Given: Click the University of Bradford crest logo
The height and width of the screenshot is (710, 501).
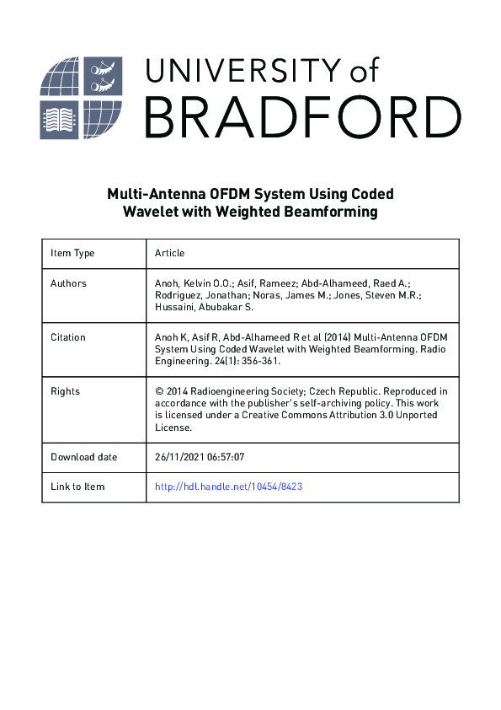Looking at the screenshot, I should coord(81,98).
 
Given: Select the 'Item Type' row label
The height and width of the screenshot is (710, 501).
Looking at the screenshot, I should coord(72,253).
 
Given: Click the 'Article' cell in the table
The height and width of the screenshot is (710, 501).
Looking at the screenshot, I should coord(169,253).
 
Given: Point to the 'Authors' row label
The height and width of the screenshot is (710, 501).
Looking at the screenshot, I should coord(68,283).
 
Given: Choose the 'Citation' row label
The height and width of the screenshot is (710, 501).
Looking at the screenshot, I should coord(68,337).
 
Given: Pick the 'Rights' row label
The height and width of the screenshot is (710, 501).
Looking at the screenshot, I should coord(65,391).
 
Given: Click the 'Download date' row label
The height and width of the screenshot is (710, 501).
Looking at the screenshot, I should coord(84,457).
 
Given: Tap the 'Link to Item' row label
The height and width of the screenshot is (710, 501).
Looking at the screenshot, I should coord(77,487).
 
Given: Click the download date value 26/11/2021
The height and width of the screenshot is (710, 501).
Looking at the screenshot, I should coord(179,457).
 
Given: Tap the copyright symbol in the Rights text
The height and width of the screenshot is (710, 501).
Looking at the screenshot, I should coord(159,391).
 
